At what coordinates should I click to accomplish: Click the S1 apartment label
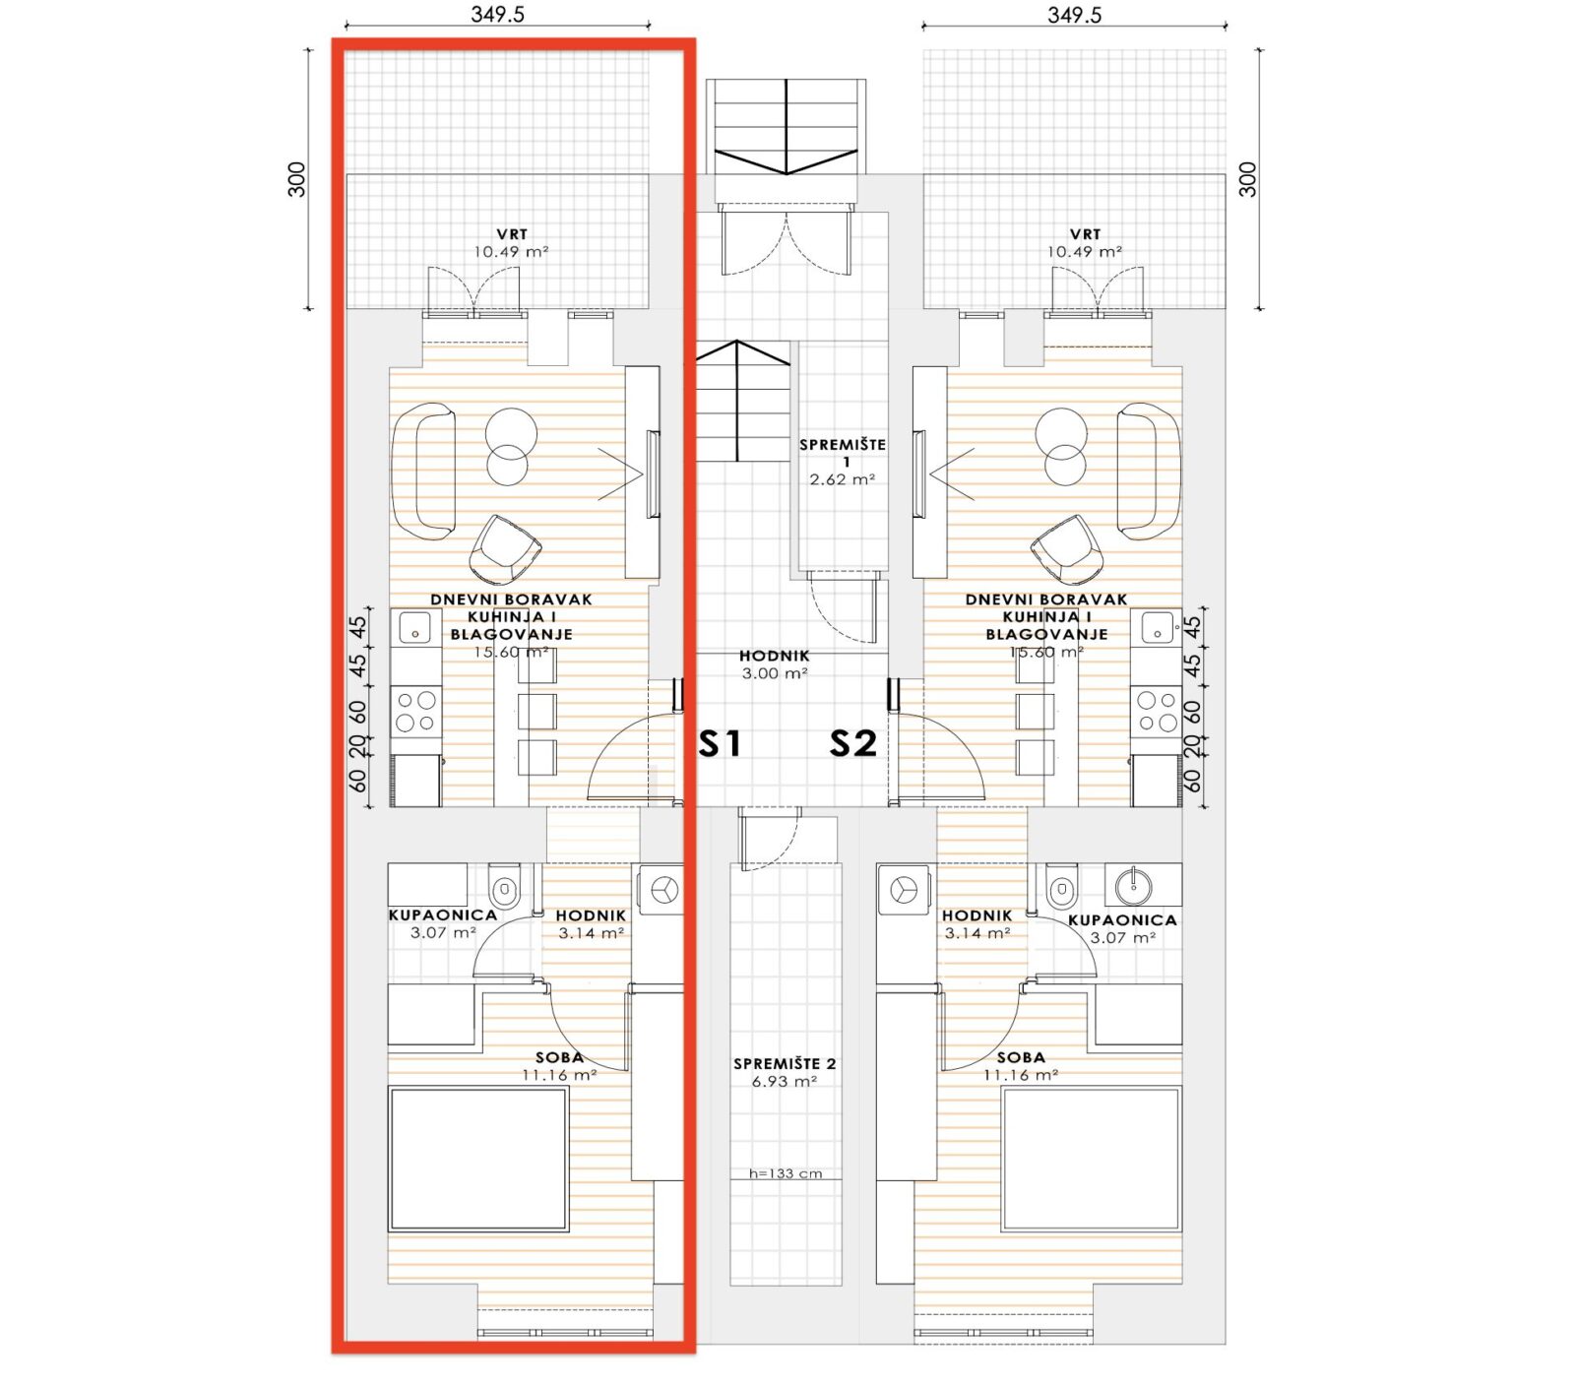pos(720,743)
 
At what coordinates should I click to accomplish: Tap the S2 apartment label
pos(852,743)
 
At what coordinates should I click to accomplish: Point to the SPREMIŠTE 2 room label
pos(785,1072)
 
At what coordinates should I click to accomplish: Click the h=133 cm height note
pos(785,1173)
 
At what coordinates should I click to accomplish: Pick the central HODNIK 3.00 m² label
pos(775,664)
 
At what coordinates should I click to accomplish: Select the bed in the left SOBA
pos(478,1159)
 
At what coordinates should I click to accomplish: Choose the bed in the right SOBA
pos(1092,1159)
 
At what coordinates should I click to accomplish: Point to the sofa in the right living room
pos(1149,471)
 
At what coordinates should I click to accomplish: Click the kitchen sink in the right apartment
pos(1156,626)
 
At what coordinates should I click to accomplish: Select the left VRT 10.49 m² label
pos(511,243)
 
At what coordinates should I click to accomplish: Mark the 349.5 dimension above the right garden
pos(1075,15)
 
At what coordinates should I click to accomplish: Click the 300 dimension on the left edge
pos(296,179)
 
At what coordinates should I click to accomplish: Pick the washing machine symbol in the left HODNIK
pos(661,889)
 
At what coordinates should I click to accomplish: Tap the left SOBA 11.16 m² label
pos(560,1066)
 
